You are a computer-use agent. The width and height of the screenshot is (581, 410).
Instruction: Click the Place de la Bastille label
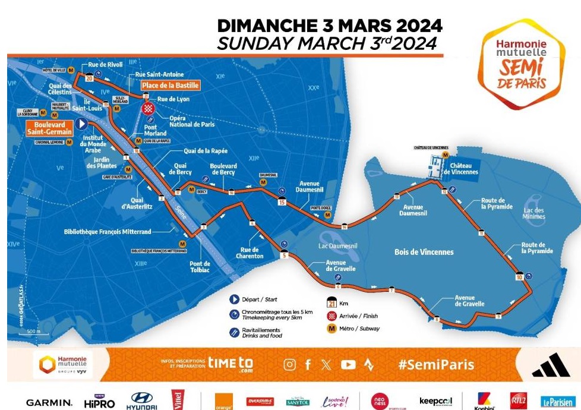point(170,86)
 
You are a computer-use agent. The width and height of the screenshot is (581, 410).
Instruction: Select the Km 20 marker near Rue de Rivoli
point(89,77)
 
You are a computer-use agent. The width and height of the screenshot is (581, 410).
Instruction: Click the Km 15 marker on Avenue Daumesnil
point(282,201)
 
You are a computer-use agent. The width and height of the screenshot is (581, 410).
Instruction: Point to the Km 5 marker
point(284,255)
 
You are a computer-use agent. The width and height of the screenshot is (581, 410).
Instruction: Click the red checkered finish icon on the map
point(149,108)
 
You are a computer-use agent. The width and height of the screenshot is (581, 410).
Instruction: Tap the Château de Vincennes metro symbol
point(445,154)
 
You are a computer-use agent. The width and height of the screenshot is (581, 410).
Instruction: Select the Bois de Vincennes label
point(424,252)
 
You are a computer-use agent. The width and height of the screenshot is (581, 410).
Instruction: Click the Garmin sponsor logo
point(49,402)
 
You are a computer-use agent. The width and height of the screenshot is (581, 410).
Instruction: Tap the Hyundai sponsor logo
point(141,401)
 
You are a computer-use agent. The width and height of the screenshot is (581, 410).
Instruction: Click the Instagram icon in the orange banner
point(289,365)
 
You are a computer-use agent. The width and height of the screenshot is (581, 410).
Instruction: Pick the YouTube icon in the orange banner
point(348,365)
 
